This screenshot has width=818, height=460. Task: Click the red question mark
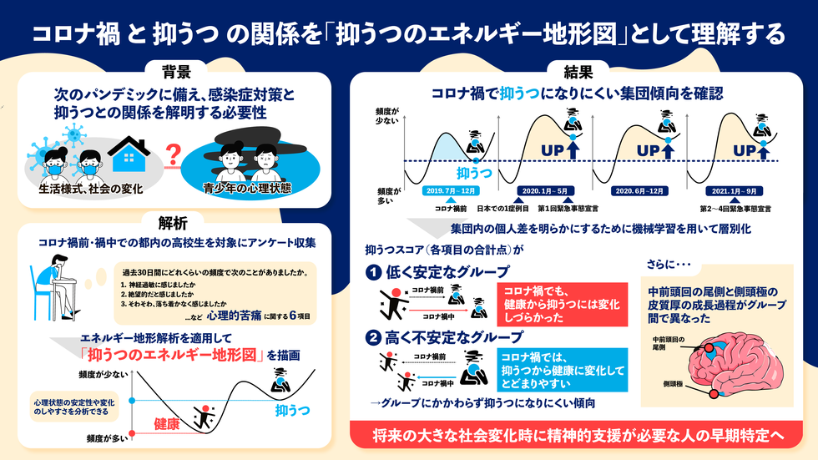174,154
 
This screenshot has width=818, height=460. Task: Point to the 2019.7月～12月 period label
451,191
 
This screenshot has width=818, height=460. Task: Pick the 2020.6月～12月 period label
639,191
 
